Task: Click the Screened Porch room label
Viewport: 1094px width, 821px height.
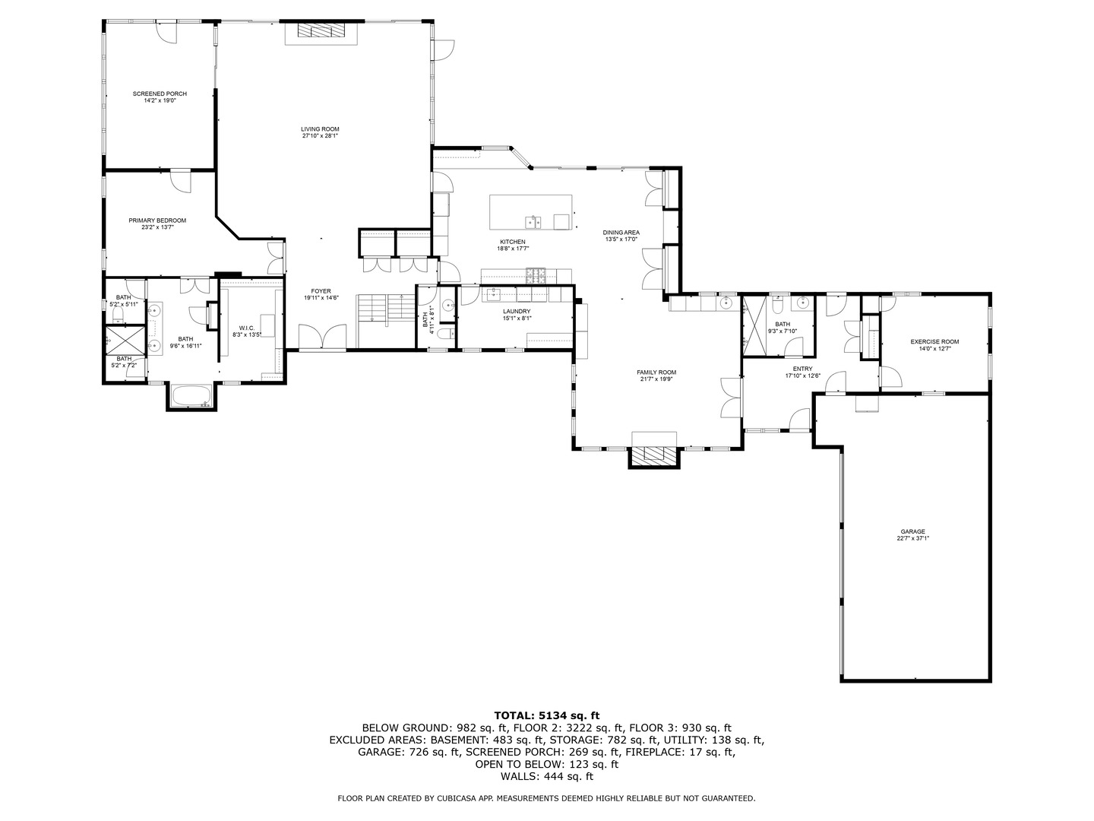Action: (160, 94)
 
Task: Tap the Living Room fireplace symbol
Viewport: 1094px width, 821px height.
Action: (320, 30)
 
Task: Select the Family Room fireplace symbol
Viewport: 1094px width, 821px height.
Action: (654, 455)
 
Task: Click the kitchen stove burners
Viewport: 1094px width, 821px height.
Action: (536, 275)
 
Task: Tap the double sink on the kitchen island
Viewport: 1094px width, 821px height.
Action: (533, 221)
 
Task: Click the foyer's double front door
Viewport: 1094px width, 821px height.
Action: (323, 337)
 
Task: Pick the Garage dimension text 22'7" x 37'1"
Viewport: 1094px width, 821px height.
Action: (912, 538)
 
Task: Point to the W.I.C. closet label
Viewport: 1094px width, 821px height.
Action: (246, 328)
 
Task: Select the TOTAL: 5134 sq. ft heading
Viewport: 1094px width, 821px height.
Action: (546, 715)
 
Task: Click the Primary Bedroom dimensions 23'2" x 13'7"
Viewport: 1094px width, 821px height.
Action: (157, 227)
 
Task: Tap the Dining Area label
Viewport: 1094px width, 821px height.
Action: (621, 233)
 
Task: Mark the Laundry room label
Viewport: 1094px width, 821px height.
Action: (517, 312)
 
